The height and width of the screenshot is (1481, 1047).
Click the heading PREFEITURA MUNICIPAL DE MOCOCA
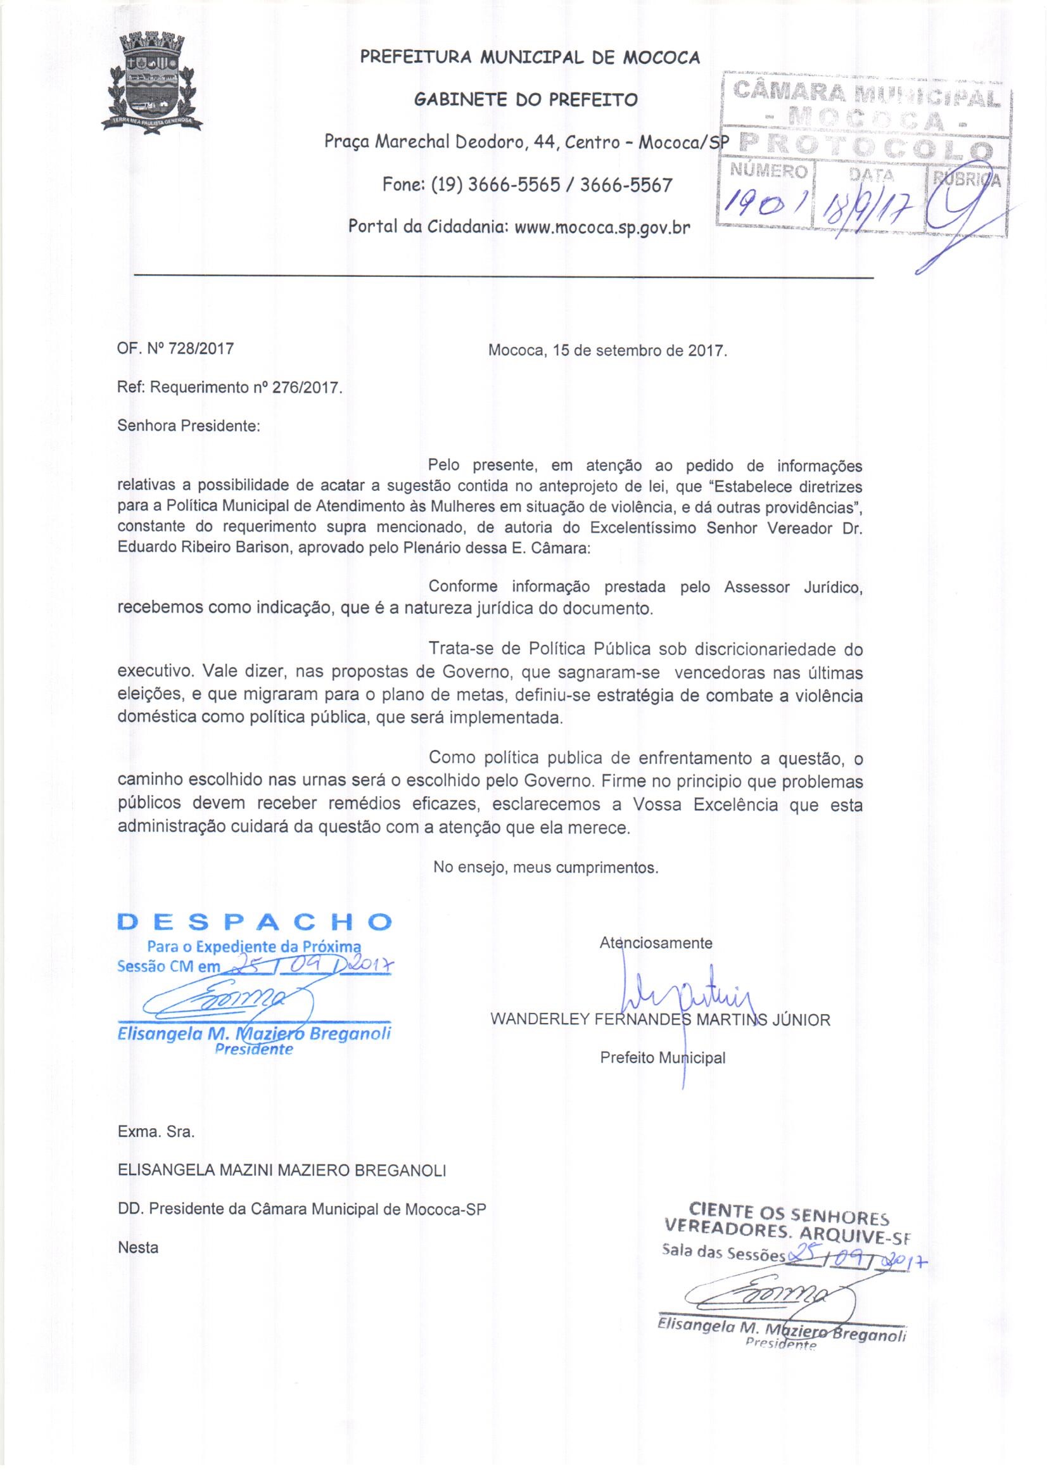pos(530,58)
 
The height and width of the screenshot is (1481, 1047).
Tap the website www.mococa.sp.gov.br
pos(602,227)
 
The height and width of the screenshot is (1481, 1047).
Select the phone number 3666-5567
pos(626,185)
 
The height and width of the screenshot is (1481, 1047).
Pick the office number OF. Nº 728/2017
pos(175,350)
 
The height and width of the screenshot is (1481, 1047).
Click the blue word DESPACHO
pos(255,922)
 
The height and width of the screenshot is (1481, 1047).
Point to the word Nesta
pos(138,1247)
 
